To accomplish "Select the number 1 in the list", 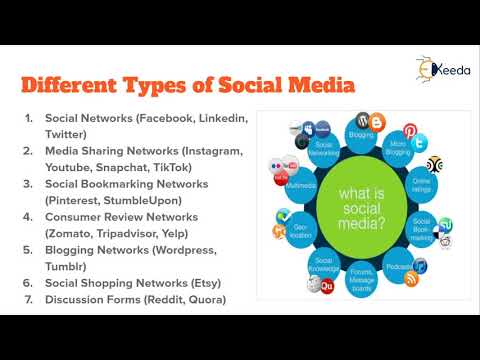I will (29, 118).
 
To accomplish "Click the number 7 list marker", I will (29, 299).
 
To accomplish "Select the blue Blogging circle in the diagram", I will (361, 131).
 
